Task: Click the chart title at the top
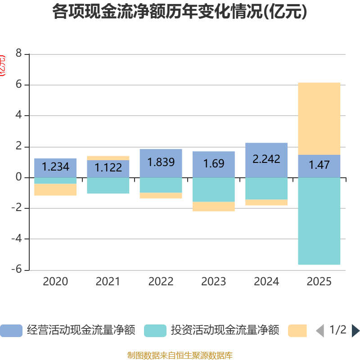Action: [180, 12]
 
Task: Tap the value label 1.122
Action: [108, 168]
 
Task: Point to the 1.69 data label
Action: [213, 164]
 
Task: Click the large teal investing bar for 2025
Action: [319, 221]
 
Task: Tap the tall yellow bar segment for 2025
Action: [319, 118]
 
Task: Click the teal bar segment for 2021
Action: [108, 186]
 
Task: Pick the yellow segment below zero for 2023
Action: [213, 207]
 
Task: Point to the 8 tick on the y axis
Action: [18, 54]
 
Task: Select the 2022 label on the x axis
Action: [161, 282]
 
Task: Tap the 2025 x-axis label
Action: [319, 282]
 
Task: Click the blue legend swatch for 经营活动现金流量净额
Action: [11, 331]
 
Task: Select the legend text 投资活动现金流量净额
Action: [225, 330]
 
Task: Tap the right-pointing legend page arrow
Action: [355, 331]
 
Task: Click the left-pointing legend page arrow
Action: [320, 331]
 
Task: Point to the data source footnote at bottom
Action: [180, 355]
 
